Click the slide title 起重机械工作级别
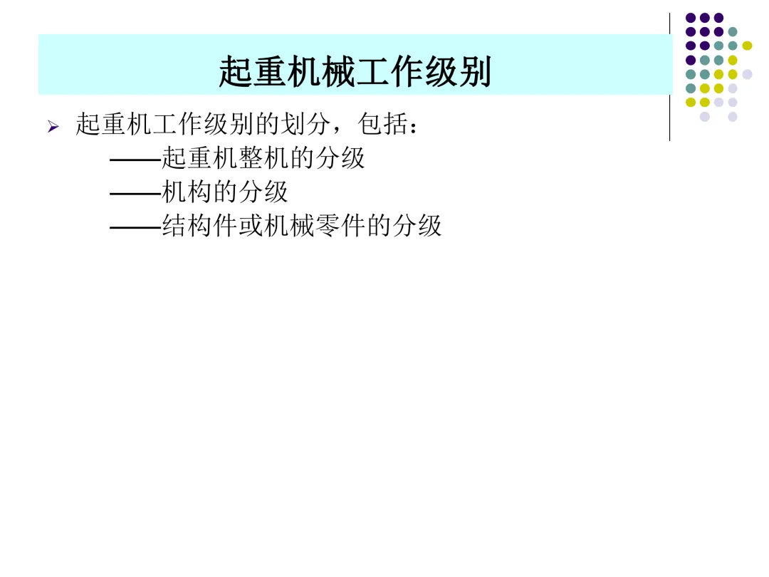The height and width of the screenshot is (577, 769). pos(355,72)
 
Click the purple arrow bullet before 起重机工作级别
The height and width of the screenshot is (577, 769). pos(52,128)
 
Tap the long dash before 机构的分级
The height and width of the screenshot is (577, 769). pos(135,193)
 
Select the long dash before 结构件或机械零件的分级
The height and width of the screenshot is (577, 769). pos(135,227)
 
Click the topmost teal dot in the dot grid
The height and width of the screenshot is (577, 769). pos(733,31)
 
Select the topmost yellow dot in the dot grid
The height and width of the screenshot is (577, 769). pos(747,46)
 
